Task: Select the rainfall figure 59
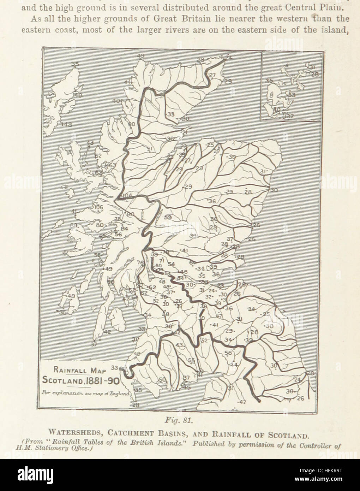coord(167,218)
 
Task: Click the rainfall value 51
coord(150,149)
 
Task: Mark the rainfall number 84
coord(124,228)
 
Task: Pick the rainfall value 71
coord(162,260)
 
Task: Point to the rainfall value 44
coord(234,365)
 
